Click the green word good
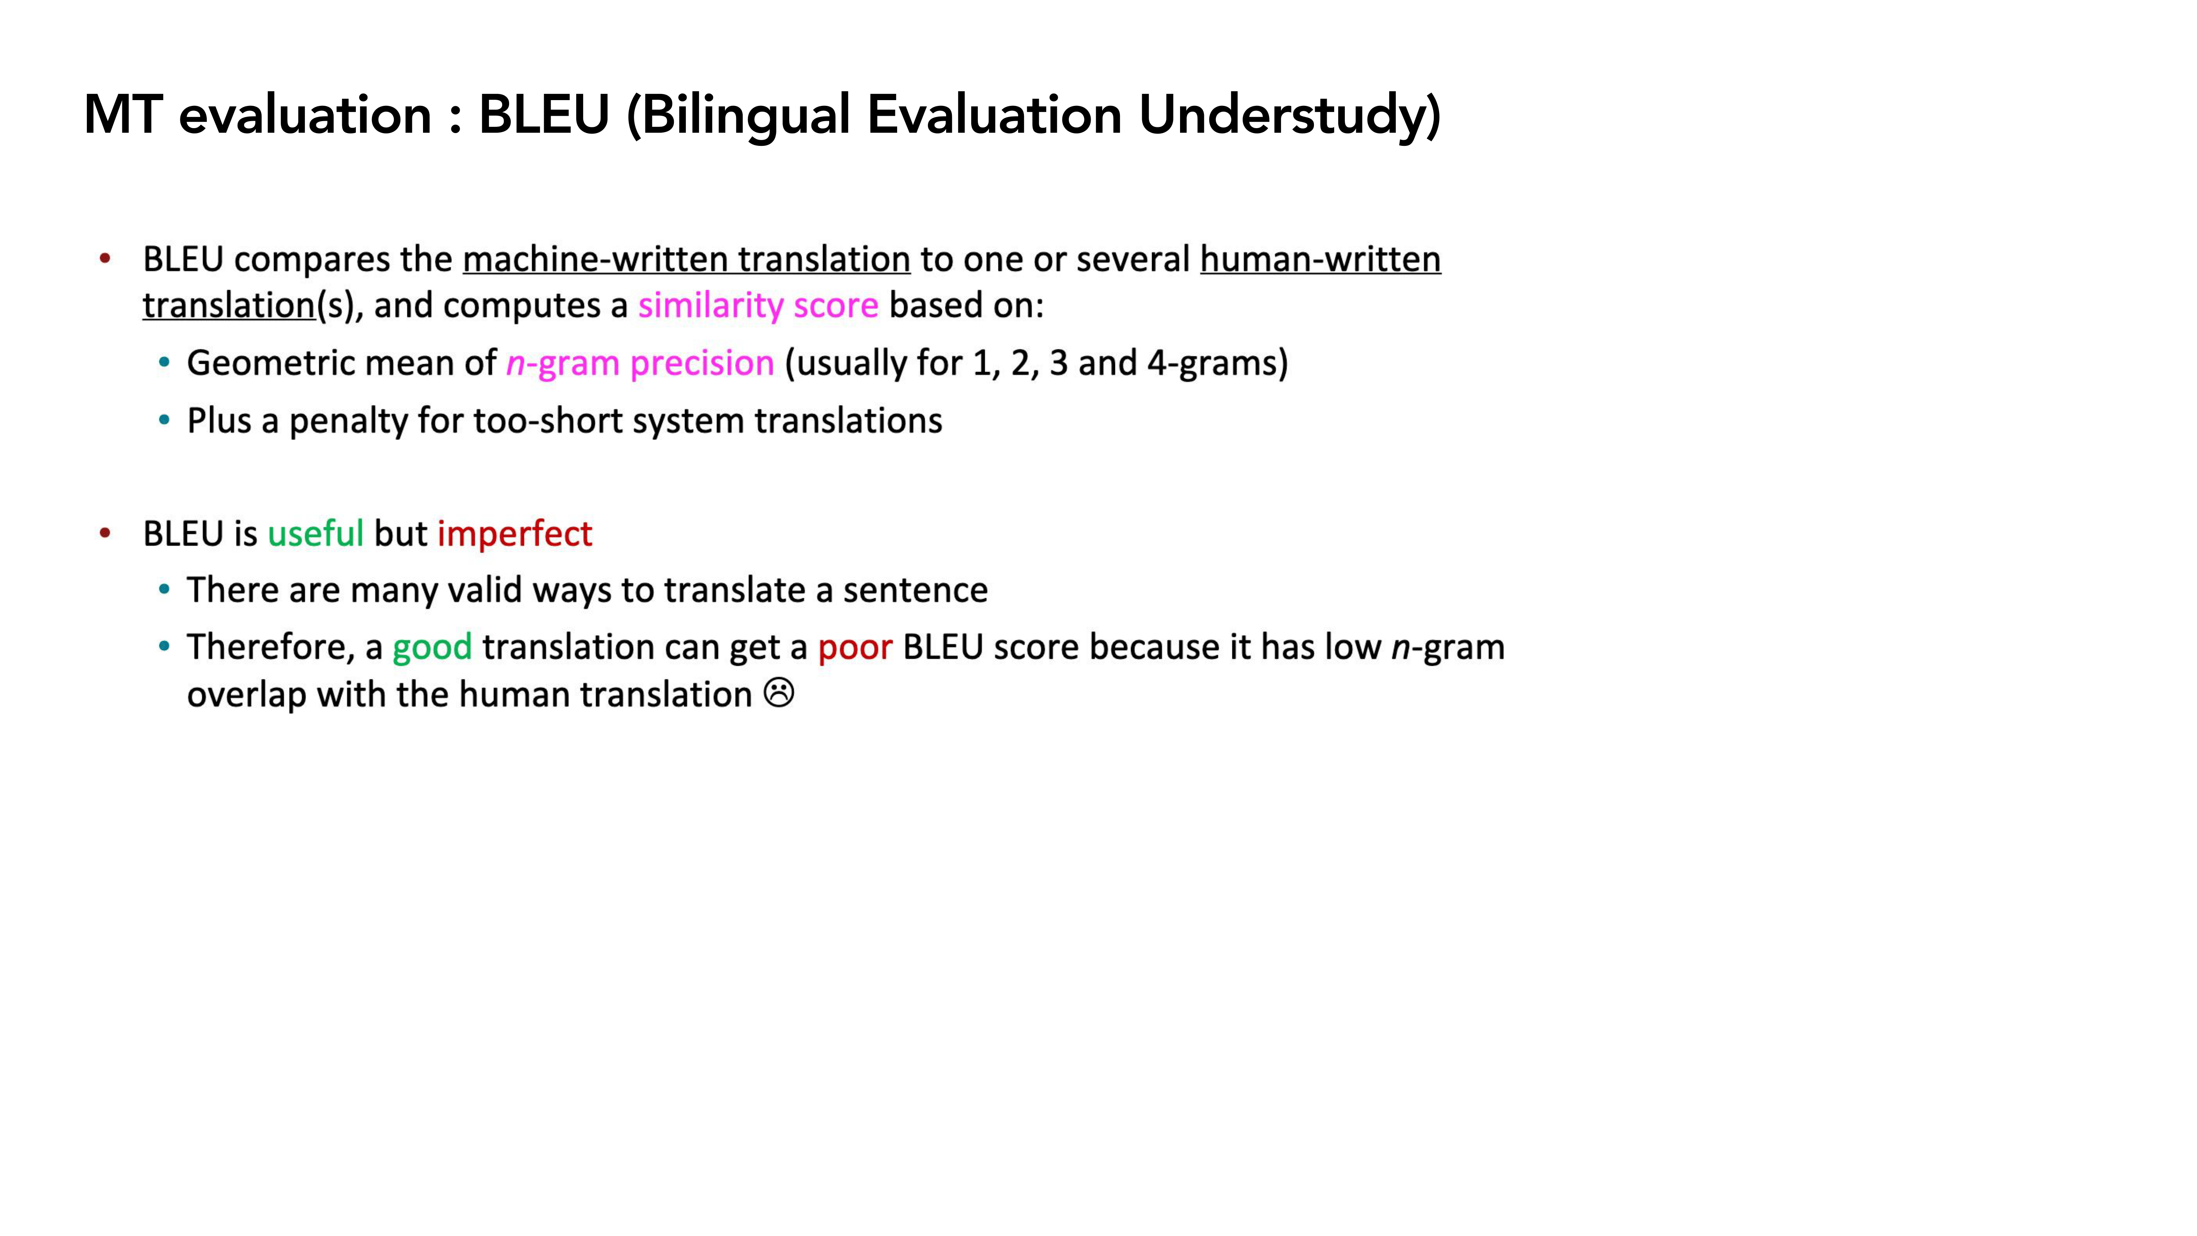(x=432, y=647)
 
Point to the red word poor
(x=855, y=647)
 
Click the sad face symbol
(x=779, y=693)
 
